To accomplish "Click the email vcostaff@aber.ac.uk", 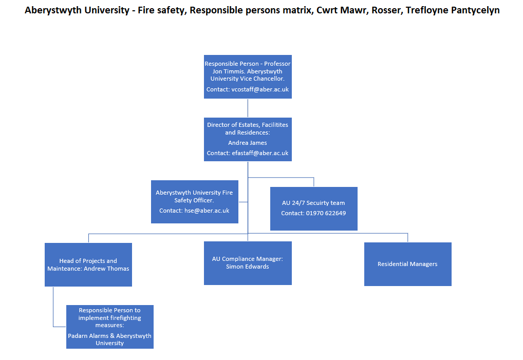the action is pyautogui.click(x=260, y=89).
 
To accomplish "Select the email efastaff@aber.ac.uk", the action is pyautogui.click(x=260, y=153).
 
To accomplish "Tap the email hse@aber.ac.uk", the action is pyautogui.click(x=207, y=211).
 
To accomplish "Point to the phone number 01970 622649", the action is pyautogui.click(x=326, y=213).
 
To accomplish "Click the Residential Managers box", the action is pyautogui.click(x=407, y=264).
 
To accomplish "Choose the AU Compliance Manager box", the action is pyautogui.click(x=248, y=263).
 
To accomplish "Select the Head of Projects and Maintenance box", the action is pyautogui.click(x=88, y=264).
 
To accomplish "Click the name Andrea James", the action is pyautogui.click(x=248, y=143).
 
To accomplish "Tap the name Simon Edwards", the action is pyautogui.click(x=248, y=267).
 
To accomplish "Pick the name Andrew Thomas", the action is pyautogui.click(x=106, y=269).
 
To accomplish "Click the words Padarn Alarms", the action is pyautogui.click(x=88, y=336).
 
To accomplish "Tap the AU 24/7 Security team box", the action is pyautogui.click(x=314, y=209).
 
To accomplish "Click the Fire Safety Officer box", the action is pyautogui.click(x=195, y=202).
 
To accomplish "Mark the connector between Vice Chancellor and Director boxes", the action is pyautogui.click(x=248, y=108).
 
